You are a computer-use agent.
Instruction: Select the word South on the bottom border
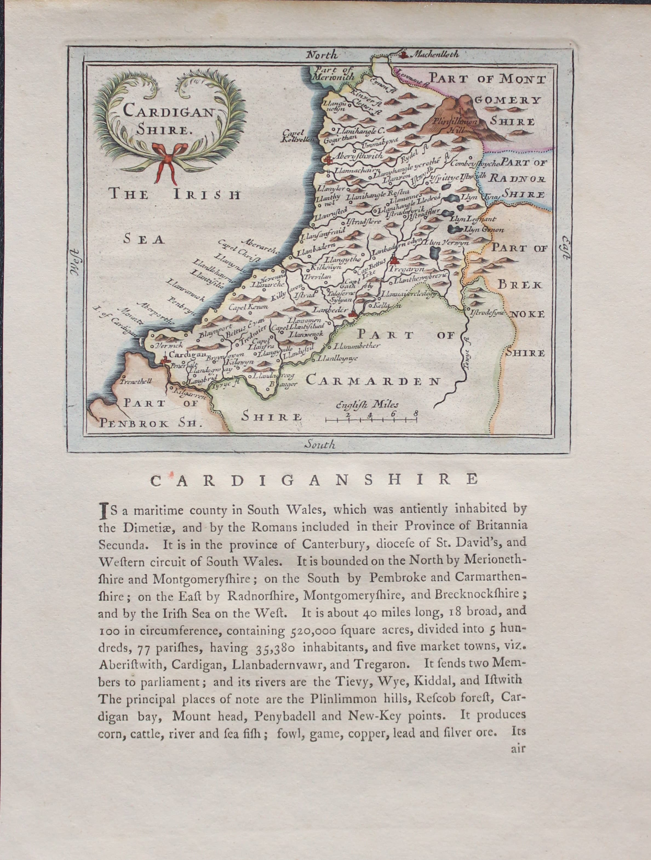pyautogui.click(x=320, y=445)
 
